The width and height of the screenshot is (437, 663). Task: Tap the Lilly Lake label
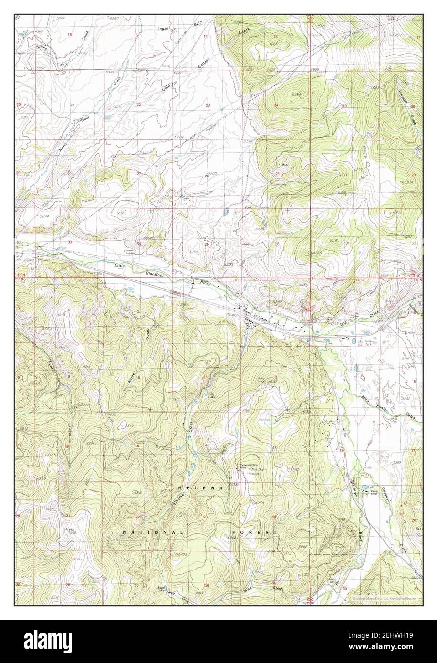tap(211, 395)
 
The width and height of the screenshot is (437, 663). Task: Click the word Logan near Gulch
tap(164, 29)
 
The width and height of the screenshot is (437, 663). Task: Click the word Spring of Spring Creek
tap(42, 47)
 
